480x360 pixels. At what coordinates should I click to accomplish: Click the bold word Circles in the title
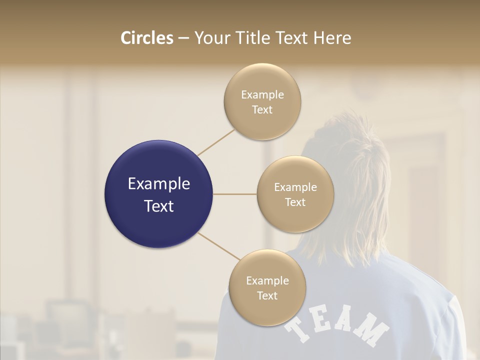click(147, 38)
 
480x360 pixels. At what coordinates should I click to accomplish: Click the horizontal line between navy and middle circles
click(235, 194)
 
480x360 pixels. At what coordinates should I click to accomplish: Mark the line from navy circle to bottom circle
click(219, 246)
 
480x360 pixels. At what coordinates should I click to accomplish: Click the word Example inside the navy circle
click(158, 183)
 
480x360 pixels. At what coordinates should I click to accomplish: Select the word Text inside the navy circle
click(158, 206)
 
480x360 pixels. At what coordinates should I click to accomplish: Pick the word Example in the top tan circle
click(262, 94)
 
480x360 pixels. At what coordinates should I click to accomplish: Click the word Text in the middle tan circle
click(295, 202)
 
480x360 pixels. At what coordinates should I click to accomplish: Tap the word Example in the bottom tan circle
click(267, 280)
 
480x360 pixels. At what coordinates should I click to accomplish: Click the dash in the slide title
click(183, 38)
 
